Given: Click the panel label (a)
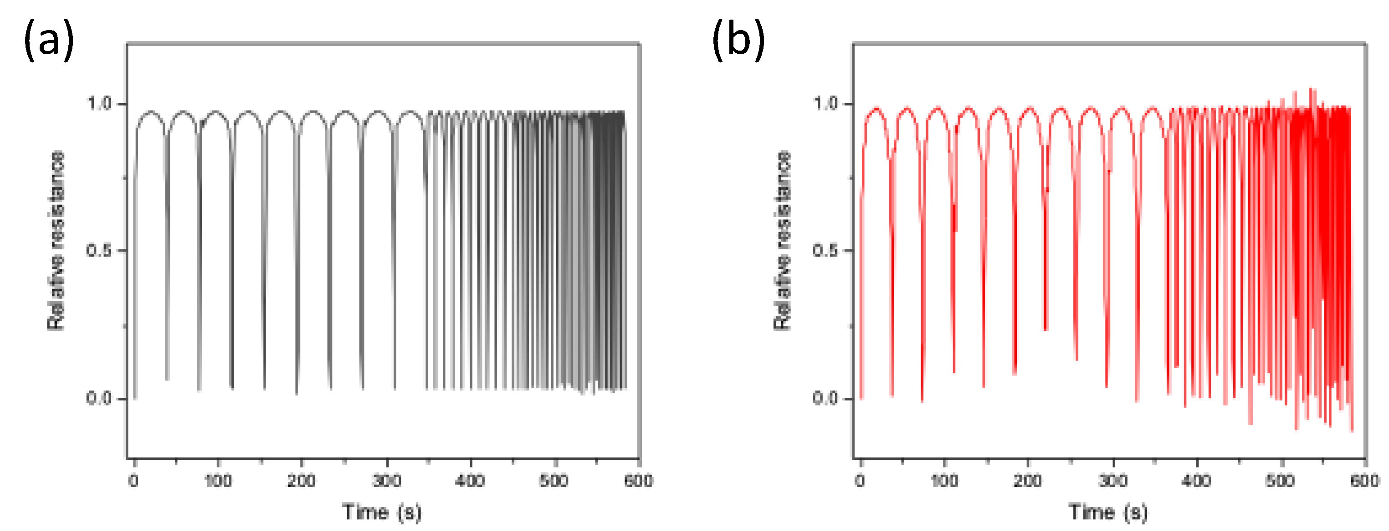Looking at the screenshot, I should [49, 39].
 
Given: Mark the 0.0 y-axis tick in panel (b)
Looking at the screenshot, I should [825, 398].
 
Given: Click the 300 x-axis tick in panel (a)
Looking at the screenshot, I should [386, 480].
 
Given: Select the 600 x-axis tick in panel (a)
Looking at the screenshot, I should [638, 480].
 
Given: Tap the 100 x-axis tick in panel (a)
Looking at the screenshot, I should [218, 480].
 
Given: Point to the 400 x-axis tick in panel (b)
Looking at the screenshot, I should [1196, 480].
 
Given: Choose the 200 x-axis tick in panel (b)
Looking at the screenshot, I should [1028, 480].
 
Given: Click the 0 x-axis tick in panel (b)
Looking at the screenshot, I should [860, 480].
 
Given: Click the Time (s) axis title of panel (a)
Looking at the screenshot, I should [382, 511].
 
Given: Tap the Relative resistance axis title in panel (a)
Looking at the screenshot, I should [56, 241].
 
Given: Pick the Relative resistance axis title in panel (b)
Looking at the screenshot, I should [782, 241].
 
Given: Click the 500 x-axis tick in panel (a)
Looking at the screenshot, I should [554, 480].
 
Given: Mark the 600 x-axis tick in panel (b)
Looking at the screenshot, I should [1365, 480].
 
